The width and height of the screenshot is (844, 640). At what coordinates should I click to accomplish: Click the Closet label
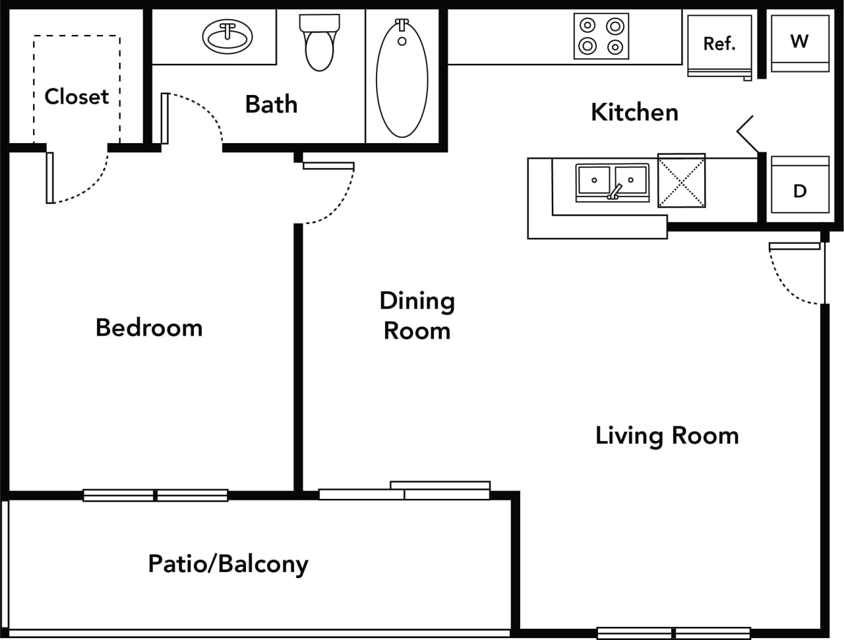[76, 96]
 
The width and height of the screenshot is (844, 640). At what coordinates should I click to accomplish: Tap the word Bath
[271, 104]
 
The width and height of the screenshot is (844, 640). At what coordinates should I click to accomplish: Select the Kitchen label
[634, 112]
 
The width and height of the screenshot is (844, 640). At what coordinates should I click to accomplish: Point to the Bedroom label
[149, 328]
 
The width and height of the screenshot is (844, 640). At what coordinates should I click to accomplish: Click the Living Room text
[667, 436]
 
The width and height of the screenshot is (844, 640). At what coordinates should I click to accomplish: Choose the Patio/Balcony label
[228, 564]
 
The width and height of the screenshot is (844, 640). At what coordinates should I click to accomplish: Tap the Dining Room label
[417, 316]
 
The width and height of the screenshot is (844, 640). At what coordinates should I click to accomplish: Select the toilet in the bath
[320, 42]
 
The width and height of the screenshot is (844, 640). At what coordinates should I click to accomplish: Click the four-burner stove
[601, 36]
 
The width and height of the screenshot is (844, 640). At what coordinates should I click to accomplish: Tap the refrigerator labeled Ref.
[719, 45]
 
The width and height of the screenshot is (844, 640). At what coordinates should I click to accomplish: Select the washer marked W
[799, 42]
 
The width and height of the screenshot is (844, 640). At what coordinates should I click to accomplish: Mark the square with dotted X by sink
[681, 181]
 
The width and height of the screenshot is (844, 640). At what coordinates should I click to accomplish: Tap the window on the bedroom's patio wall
[155, 495]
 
